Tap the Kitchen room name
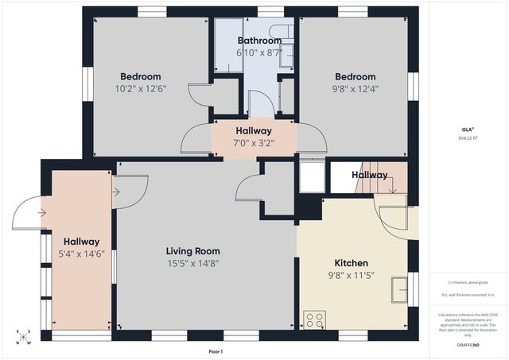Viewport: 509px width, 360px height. tap(351, 263)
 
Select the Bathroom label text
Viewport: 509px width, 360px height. tap(258, 41)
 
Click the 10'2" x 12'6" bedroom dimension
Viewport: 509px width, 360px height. tap(141, 89)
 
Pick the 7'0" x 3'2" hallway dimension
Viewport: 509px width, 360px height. tap(254, 144)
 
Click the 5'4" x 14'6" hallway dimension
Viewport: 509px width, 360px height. tap(82, 254)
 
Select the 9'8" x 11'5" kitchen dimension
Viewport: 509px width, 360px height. tap(351, 276)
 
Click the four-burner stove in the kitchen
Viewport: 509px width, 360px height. tap(314, 320)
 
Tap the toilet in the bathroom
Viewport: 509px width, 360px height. tap(287, 54)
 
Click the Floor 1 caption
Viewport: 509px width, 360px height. tap(216, 350)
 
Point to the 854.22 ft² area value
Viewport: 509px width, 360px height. tap(468, 140)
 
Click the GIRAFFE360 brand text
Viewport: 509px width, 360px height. tap(468, 344)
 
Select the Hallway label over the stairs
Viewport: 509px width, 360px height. tap(370, 175)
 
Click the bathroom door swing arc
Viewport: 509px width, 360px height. tap(260, 103)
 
